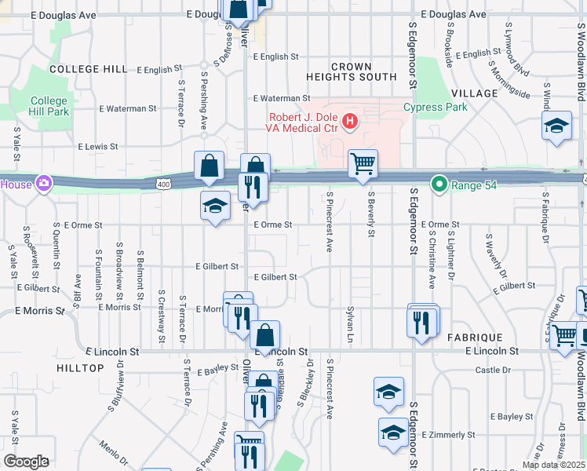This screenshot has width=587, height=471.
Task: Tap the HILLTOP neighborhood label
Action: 80,367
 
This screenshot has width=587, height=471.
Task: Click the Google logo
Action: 25,462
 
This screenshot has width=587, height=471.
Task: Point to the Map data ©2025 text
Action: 553,465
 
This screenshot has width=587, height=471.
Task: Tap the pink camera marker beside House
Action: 45,184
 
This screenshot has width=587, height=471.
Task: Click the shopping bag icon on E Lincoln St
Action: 265,335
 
